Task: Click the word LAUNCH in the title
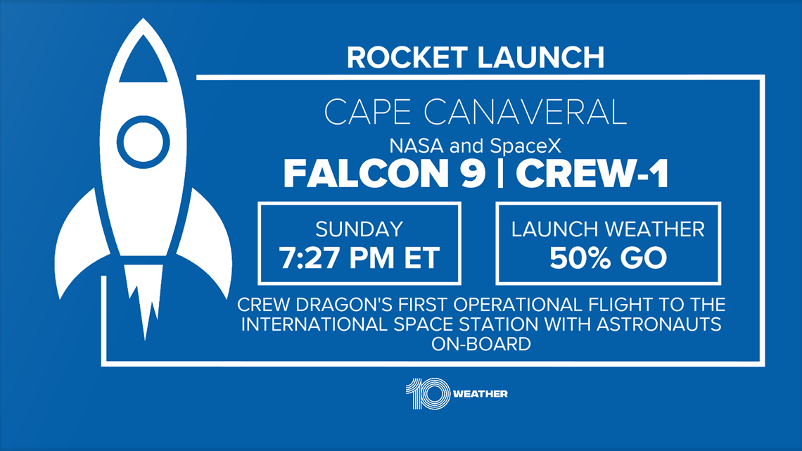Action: (x=541, y=57)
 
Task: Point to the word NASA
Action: (x=417, y=146)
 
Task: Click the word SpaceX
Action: (x=526, y=146)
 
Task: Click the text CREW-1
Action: (x=592, y=174)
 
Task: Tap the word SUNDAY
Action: (x=359, y=229)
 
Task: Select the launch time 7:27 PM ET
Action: (x=359, y=258)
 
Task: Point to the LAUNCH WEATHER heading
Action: (x=608, y=229)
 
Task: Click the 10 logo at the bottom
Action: (x=428, y=394)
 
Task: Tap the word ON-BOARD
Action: (x=480, y=344)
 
